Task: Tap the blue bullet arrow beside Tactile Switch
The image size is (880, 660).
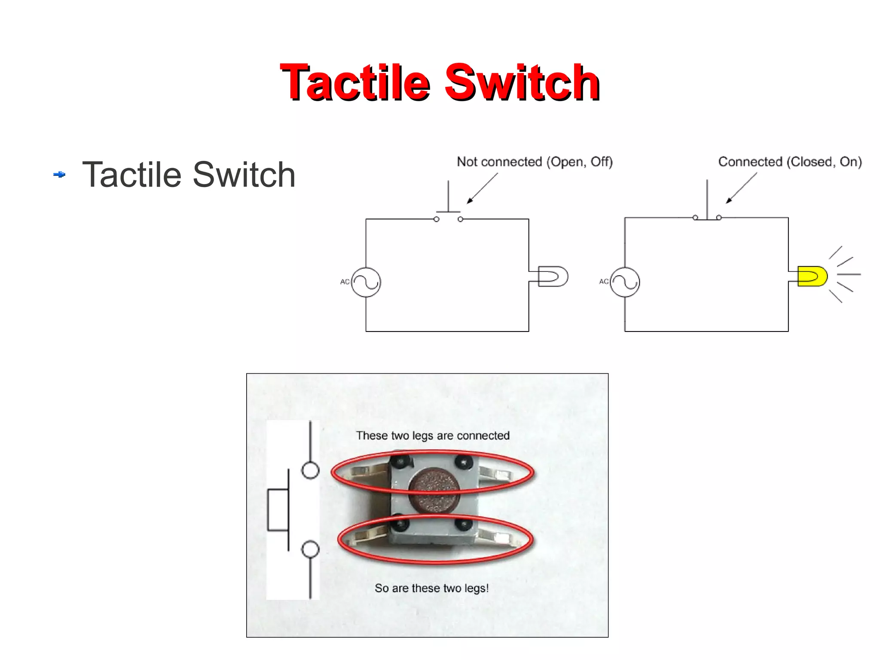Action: click(59, 175)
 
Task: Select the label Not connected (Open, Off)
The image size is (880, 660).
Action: click(535, 162)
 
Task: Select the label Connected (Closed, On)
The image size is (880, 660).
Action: click(790, 162)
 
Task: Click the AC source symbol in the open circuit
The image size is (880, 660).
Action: click(366, 282)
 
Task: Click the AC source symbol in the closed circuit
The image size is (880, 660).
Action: click(625, 282)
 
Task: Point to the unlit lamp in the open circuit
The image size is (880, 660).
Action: click(553, 276)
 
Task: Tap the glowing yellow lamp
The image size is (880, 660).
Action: click(812, 276)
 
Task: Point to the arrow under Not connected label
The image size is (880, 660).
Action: click(482, 188)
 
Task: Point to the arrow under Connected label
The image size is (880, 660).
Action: click(741, 188)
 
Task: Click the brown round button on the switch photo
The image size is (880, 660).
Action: click(434, 491)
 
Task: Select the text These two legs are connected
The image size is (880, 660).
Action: click(433, 436)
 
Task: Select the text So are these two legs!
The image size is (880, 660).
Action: click(431, 588)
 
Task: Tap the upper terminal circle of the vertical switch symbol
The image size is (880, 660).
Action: click(310, 470)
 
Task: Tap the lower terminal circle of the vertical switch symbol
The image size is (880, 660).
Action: click(310, 549)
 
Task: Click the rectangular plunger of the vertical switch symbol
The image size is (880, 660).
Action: click(278, 510)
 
